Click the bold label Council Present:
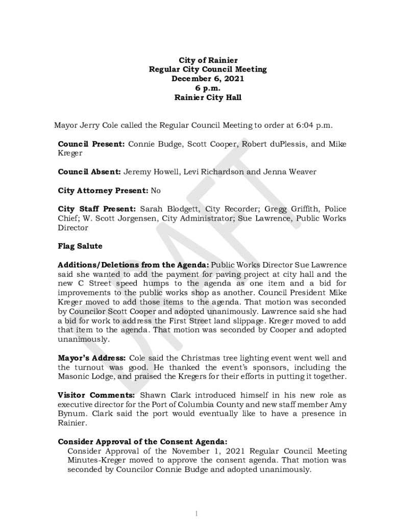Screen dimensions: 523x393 (x=91, y=144)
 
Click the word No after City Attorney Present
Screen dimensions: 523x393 (x=156, y=191)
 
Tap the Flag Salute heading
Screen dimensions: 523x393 (x=80, y=246)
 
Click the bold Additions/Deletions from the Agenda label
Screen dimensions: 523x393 (x=133, y=265)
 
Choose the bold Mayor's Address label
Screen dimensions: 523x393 (x=91, y=358)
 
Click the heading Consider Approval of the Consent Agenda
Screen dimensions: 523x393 (x=142, y=442)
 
